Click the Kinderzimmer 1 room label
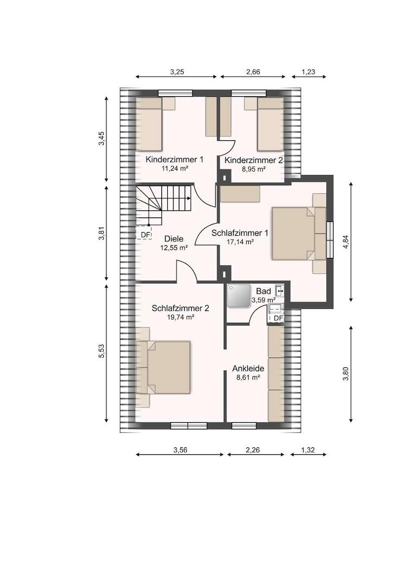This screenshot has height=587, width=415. click(174, 159)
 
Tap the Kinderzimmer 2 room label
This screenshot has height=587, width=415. click(254, 160)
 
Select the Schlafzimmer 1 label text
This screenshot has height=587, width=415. click(240, 233)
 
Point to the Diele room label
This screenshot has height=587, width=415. click(174, 239)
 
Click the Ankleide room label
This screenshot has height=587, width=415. click(248, 369)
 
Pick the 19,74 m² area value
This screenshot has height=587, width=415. click(180, 317)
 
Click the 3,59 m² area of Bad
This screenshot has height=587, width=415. click(263, 300)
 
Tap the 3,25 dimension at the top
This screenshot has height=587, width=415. click(177, 72)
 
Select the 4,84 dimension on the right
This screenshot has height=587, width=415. click(345, 242)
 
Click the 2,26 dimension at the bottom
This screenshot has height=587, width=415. click(253, 451)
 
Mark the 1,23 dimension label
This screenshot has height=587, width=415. click(309, 72)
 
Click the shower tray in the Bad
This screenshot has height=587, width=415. click(239, 296)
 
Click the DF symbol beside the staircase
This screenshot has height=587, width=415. click(144, 234)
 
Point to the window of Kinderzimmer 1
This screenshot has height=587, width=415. click(175, 93)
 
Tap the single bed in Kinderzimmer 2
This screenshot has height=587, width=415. click(270, 124)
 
